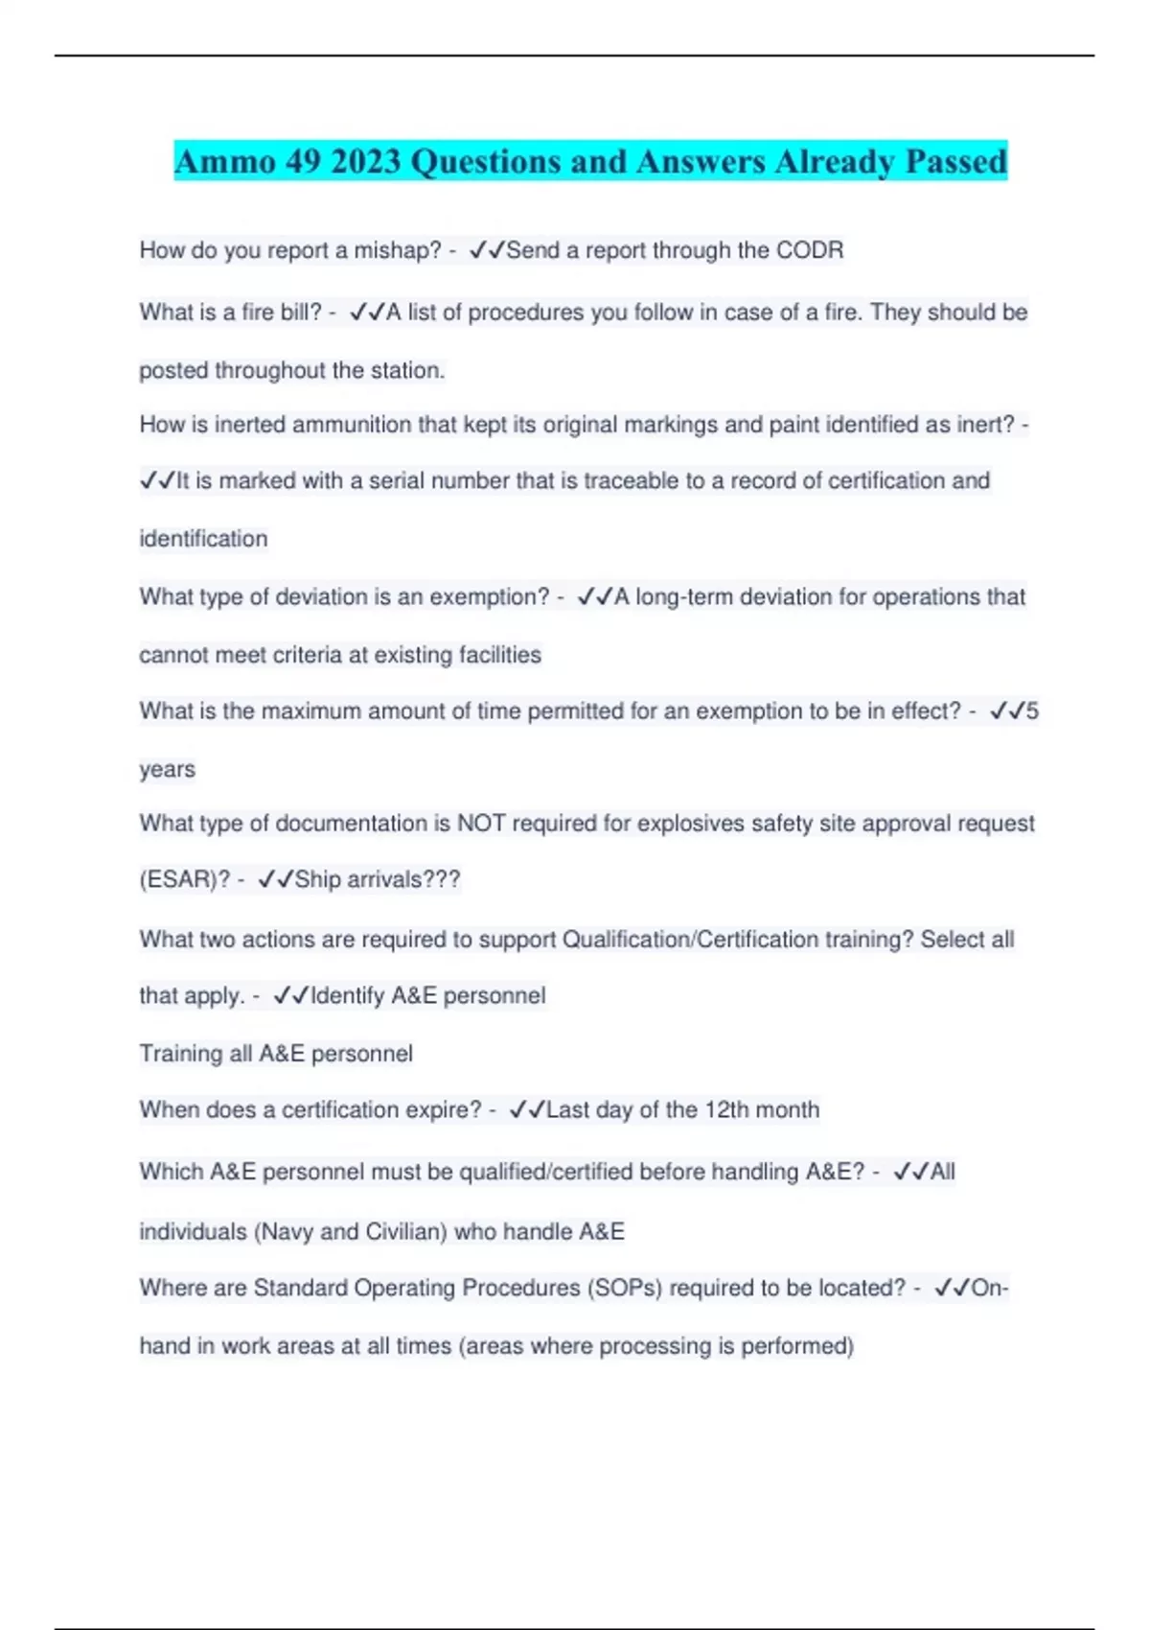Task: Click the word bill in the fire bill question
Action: coord(296,313)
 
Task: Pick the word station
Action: coord(408,370)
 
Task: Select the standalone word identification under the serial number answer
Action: coord(203,539)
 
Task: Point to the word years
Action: coord(167,769)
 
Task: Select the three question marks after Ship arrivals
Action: coord(441,880)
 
